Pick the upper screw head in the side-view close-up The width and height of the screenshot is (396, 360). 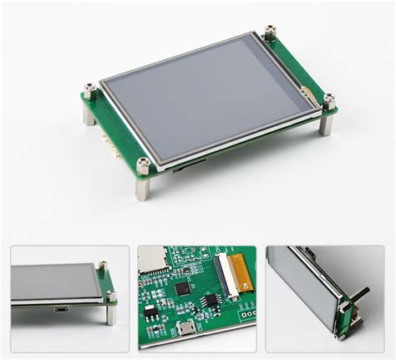(x=101, y=266)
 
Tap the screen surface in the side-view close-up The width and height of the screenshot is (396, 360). (x=50, y=284)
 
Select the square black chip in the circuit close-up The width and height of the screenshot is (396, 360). (x=182, y=290)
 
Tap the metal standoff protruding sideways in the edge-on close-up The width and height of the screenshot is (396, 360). (x=362, y=297)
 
